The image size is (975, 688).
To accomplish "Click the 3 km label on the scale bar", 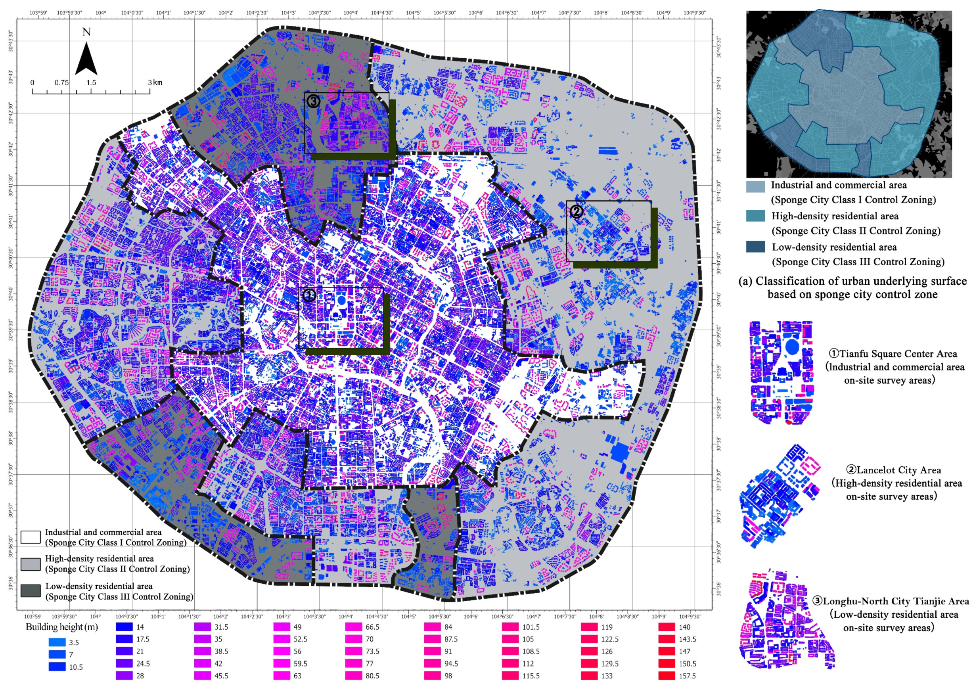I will coord(155,82).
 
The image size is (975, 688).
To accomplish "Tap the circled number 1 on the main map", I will coord(309,295).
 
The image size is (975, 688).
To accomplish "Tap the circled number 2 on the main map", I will coord(576,211).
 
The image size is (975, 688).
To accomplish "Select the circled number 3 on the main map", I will coord(313,101).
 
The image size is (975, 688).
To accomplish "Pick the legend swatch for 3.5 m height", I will coord(57,642).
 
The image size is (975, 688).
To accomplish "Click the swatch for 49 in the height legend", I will coord(282,627).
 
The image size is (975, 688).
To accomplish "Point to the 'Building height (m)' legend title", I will coord(61,627).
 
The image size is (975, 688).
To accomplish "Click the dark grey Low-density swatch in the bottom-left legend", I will coord(31,591).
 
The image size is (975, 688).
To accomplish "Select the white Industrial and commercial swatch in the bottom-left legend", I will coord(31,537).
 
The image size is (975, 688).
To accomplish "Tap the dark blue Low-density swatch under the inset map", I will coord(755,247).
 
